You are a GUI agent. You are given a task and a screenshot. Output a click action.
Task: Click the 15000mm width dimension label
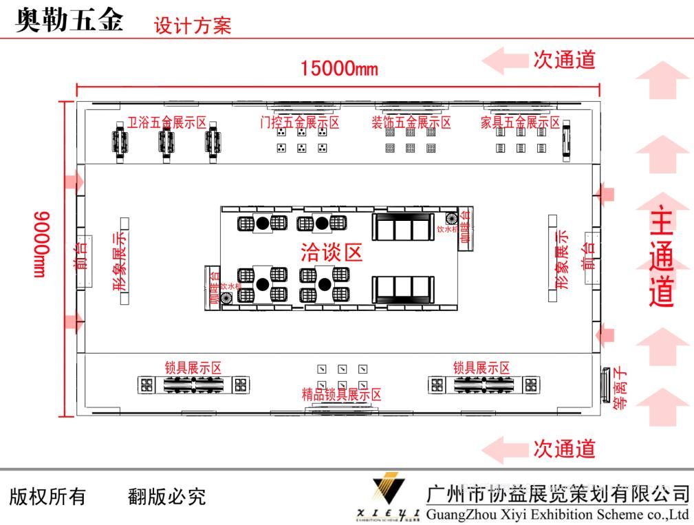(x=338, y=69)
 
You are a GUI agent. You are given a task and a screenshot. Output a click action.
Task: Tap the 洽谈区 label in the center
(x=332, y=253)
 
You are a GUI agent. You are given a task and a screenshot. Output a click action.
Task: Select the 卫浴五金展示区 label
(x=166, y=122)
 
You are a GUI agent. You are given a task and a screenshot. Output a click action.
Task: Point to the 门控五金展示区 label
(x=300, y=122)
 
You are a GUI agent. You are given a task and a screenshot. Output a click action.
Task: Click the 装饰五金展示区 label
(x=411, y=122)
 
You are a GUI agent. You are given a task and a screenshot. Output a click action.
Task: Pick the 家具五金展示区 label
(x=520, y=122)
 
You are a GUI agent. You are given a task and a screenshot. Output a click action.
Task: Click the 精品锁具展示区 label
(x=342, y=394)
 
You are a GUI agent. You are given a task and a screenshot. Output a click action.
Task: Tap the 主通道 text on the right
(x=662, y=258)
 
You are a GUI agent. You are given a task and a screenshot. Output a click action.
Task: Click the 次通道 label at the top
(x=564, y=60)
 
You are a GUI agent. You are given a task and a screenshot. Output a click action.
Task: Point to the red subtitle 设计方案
(x=193, y=26)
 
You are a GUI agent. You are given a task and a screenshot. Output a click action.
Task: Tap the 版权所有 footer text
(x=47, y=496)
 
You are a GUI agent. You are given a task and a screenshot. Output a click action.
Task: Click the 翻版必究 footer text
(x=167, y=496)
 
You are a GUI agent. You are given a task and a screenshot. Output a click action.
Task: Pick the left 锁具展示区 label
(x=193, y=368)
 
